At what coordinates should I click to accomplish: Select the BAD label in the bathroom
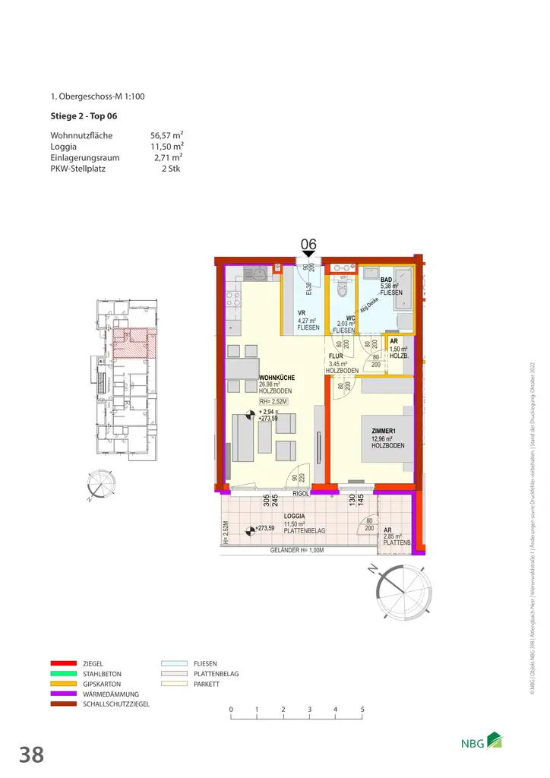coord(387,280)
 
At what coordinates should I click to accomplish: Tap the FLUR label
coord(337,356)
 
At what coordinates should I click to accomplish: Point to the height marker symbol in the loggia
coord(250,530)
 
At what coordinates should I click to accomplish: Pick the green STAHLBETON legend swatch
coord(65,673)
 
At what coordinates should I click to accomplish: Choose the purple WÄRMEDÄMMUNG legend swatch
coord(65,694)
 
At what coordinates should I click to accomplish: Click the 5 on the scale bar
coord(362,710)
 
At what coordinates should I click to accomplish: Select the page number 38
coord(31,754)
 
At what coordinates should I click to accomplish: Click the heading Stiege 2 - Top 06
coord(83,116)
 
